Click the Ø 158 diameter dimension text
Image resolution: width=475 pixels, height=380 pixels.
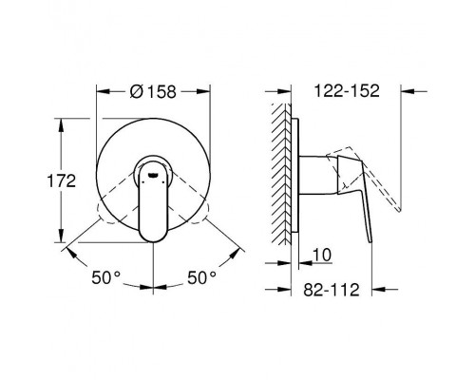[x=153, y=91]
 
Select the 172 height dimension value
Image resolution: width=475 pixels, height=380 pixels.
[x=62, y=181]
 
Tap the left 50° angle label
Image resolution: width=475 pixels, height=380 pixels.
[x=106, y=277]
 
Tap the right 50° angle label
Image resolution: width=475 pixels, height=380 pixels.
[x=201, y=277]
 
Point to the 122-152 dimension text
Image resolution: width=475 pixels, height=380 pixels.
[x=347, y=91]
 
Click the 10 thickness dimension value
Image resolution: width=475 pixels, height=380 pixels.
[x=322, y=255]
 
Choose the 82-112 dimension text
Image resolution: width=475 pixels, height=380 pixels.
[x=332, y=290]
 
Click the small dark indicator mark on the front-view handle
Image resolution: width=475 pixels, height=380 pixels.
[x=153, y=174]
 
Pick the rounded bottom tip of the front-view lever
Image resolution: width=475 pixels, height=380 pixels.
[x=153, y=239]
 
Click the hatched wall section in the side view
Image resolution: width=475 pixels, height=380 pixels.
[x=281, y=174]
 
